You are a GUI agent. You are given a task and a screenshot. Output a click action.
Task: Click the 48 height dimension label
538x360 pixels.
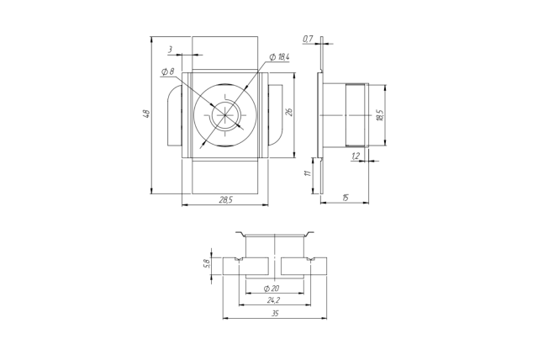tap(146, 114)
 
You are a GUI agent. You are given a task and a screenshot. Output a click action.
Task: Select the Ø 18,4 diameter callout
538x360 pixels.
tap(280, 57)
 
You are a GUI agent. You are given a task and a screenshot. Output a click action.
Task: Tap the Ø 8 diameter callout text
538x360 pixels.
tap(168, 71)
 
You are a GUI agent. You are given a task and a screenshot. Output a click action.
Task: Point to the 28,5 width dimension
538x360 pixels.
tap(226, 199)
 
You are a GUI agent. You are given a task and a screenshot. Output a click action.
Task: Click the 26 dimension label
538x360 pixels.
tap(289, 112)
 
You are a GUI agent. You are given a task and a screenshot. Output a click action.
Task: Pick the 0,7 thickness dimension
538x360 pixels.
tap(308, 40)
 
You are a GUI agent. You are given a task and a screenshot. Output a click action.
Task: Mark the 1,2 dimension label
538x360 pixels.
tap(356, 156)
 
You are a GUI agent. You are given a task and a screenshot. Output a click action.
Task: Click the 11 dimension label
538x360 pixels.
tap(309, 172)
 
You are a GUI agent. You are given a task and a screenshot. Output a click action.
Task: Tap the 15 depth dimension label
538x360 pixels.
tap(345, 198)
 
